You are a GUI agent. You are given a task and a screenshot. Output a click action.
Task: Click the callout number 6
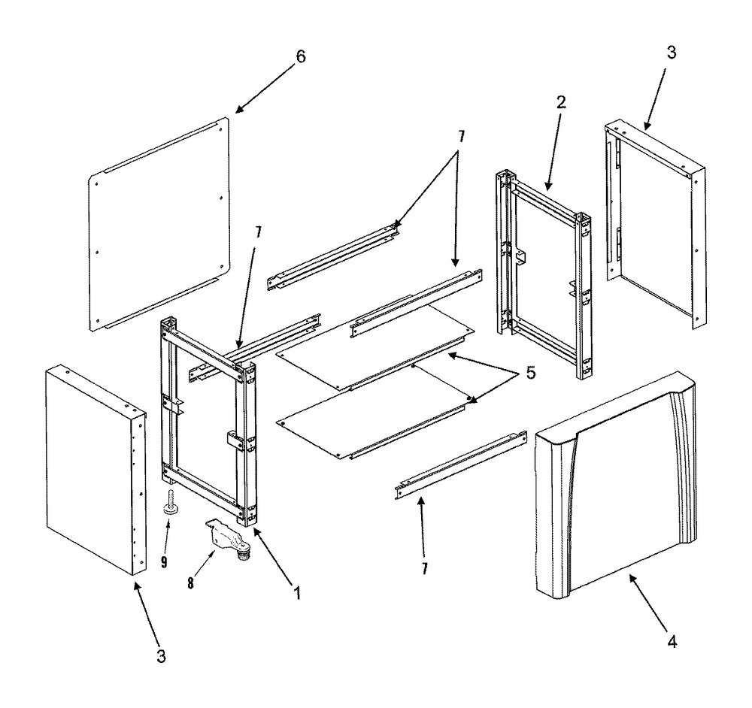click(301, 56)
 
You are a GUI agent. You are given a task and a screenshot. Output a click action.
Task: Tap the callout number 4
click(672, 641)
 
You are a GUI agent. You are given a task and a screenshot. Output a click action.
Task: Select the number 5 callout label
click(530, 373)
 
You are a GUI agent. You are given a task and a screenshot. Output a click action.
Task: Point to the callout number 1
click(298, 593)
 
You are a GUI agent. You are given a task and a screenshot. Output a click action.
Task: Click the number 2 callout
click(561, 102)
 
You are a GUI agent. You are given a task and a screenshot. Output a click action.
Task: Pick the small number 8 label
click(190, 583)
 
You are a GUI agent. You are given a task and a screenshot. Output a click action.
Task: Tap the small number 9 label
click(164, 561)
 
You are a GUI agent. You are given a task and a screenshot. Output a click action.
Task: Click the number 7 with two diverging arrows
click(461, 137)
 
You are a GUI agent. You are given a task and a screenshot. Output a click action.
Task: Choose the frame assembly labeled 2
click(543, 274)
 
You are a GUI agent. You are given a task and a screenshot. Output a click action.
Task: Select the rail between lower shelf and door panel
click(458, 465)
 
